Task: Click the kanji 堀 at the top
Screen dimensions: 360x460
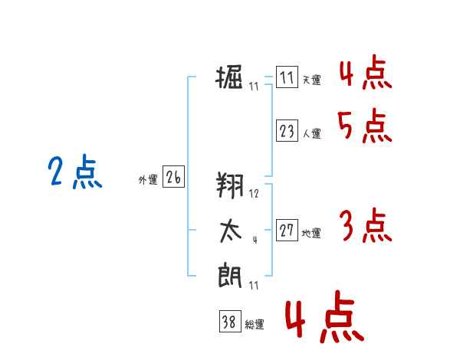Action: (x=230, y=78)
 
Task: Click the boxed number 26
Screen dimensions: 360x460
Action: (x=173, y=178)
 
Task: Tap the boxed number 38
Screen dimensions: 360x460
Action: (x=228, y=322)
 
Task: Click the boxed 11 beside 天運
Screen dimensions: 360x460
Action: (x=287, y=78)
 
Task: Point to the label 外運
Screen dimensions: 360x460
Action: (x=148, y=180)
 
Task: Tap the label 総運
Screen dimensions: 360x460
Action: (x=254, y=325)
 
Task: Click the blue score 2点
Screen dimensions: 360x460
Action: (x=74, y=172)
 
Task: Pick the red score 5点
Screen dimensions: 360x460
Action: (x=364, y=126)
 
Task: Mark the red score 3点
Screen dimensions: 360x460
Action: (x=365, y=226)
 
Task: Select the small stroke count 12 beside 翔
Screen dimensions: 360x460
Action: (x=254, y=194)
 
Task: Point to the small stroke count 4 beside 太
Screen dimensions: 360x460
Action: (x=254, y=239)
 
